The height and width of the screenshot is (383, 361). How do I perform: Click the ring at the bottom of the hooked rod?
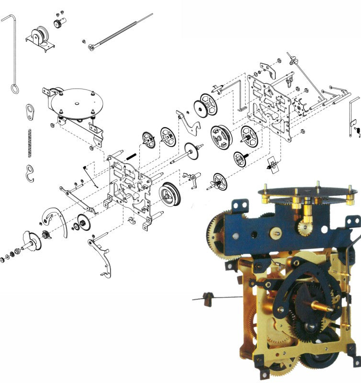[x=14, y=89]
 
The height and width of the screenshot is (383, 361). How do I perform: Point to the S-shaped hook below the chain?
[x=30, y=172]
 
